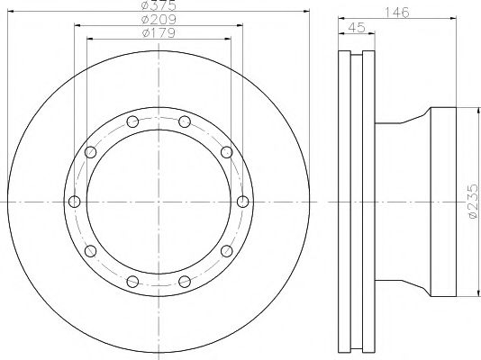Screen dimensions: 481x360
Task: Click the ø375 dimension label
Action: coord(159,4)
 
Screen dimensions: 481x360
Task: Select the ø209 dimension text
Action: coord(159,20)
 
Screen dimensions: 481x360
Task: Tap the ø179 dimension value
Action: coord(159,32)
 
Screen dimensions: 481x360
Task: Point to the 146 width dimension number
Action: coord(397,13)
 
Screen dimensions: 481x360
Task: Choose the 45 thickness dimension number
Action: coord(357,28)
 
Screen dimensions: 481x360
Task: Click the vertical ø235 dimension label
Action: coord(473,202)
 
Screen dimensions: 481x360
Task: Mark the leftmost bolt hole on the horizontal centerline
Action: coord(74,202)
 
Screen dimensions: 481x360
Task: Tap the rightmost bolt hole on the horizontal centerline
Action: coord(243,202)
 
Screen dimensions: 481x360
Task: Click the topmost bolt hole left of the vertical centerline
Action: coord(132,121)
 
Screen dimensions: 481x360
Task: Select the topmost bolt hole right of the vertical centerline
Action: coord(185,121)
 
